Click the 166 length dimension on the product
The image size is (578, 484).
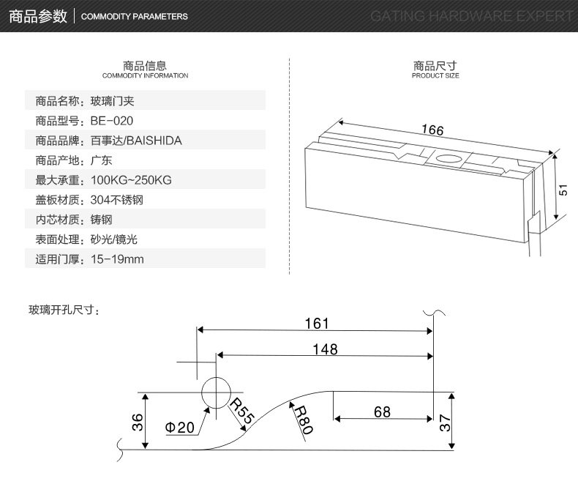tap(432, 130)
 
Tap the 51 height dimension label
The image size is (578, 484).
tap(563, 190)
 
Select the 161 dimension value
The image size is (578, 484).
tap(317, 324)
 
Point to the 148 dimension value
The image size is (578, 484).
tap(325, 349)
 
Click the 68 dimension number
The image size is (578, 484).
tap(382, 412)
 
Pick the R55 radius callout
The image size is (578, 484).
tap(242, 411)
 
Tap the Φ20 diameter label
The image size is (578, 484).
tap(179, 427)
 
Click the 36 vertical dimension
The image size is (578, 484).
tap(137, 422)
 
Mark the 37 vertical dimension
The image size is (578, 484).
tap(445, 422)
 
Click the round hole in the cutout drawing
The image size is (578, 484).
tap(216, 392)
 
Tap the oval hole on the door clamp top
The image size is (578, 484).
tap(448, 159)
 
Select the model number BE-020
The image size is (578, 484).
tap(112, 121)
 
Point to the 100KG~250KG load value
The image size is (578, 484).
tap(131, 180)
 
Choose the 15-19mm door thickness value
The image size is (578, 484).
tap(117, 259)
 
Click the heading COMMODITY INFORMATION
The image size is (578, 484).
tap(146, 75)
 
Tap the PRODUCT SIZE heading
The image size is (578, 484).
tap(435, 75)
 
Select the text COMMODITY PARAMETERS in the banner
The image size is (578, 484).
tap(134, 17)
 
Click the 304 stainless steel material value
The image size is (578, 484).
tap(117, 200)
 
